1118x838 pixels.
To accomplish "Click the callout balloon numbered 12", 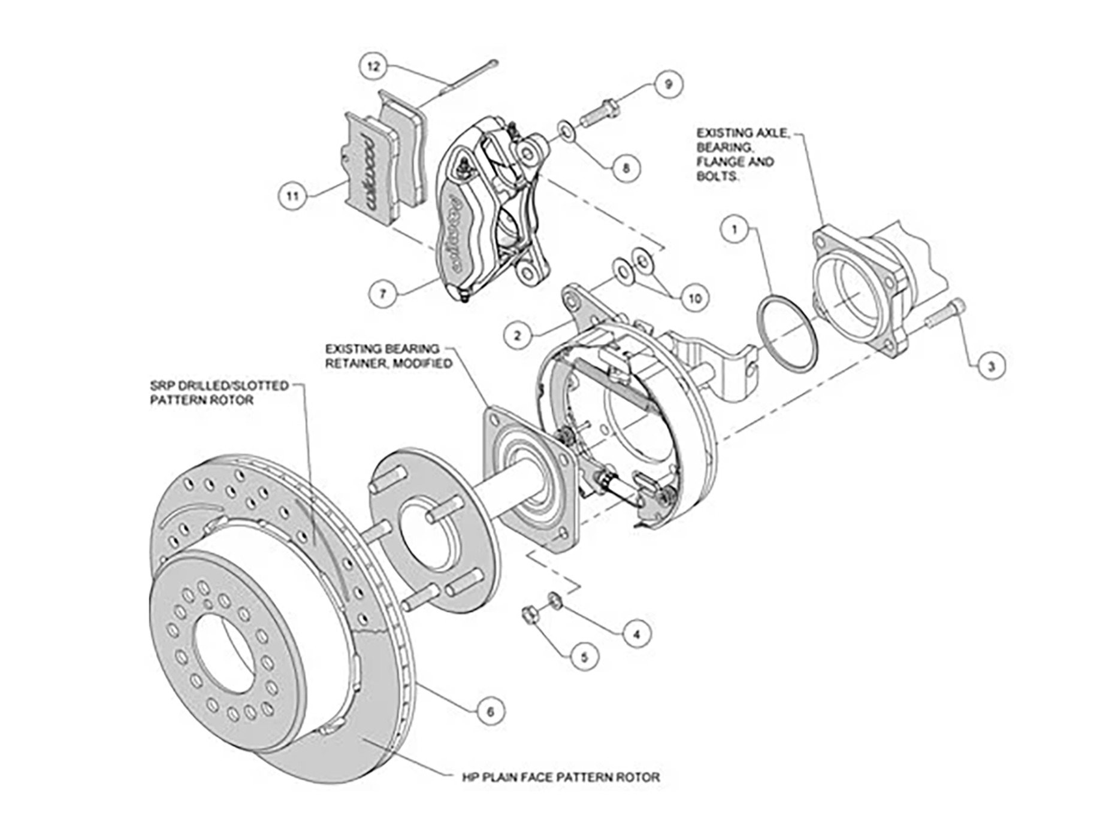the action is click(x=374, y=66).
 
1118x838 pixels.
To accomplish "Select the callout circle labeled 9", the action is click(x=669, y=84).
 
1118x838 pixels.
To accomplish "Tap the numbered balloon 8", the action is click(x=626, y=168).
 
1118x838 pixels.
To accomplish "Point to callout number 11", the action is click(x=292, y=196).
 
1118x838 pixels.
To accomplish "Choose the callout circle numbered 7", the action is click(x=383, y=293).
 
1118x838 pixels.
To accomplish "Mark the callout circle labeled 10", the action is click(x=694, y=298).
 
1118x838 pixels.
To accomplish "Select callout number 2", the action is click(x=518, y=335).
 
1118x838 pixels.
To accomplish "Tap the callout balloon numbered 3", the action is click(x=990, y=366).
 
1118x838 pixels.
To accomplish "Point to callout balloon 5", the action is click(x=585, y=657).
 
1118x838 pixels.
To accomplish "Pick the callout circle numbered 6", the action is click(x=490, y=712).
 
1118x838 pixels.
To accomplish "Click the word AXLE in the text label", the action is click(x=766, y=133).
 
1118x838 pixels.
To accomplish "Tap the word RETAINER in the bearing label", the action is click(x=351, y=363).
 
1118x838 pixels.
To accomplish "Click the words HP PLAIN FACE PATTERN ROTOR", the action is click(x=561, y=778).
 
